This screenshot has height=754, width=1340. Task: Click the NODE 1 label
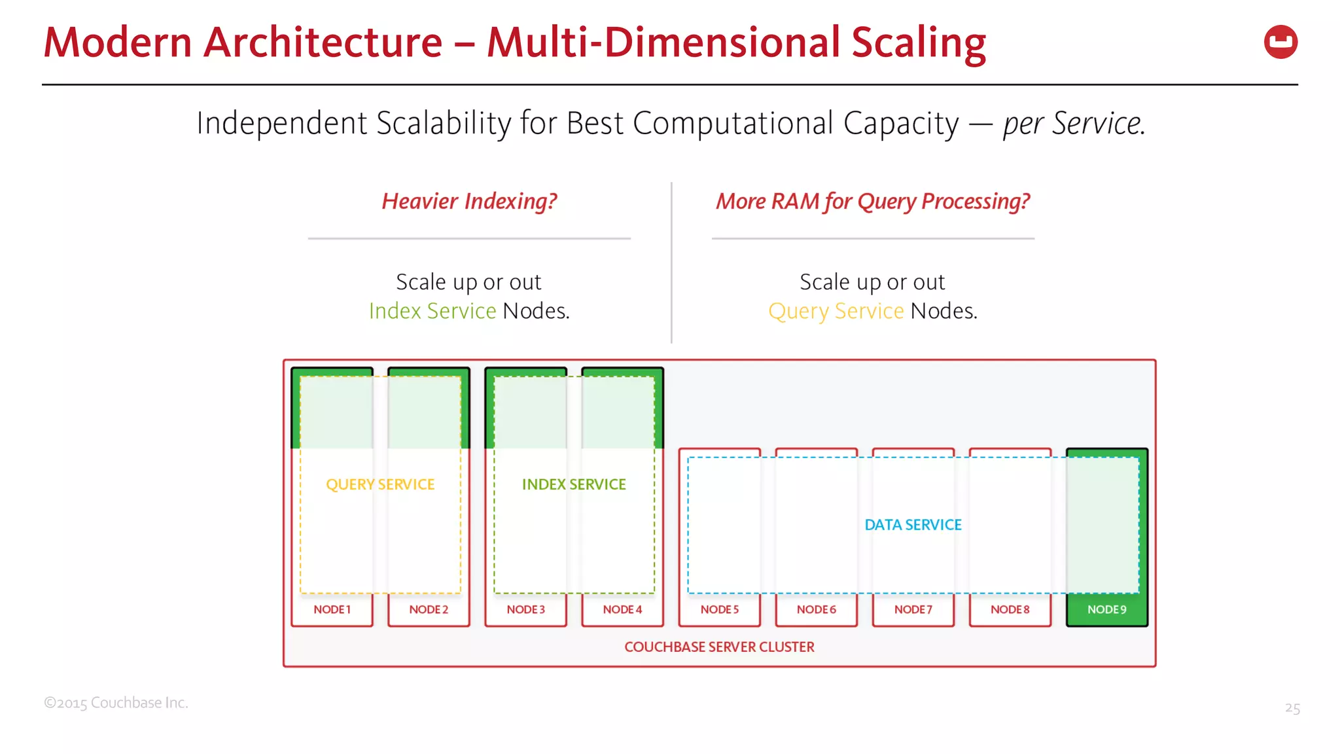332,609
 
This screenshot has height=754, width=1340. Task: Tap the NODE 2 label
429,609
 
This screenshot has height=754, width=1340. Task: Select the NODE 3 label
525,609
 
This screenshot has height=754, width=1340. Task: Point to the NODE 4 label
622,609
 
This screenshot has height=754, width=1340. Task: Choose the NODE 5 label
719,609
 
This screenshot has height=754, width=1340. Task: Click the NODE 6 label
816,609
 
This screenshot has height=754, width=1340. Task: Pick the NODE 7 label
913,609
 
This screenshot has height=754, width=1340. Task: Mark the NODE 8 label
1010,609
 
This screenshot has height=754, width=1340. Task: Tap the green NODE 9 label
1106,609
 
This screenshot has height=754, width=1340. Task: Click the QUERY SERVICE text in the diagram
380,484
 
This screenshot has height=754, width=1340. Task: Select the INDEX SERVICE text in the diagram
574,484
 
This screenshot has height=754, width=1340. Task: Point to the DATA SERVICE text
913,525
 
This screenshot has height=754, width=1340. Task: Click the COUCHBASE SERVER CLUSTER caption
719,647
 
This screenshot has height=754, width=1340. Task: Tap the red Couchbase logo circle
1280,42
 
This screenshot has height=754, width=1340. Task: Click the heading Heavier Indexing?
469,201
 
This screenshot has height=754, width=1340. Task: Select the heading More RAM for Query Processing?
873,201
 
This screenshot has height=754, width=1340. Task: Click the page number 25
1292,708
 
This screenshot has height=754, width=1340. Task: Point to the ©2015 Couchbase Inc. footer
116,703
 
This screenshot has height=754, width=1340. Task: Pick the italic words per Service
1074,123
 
